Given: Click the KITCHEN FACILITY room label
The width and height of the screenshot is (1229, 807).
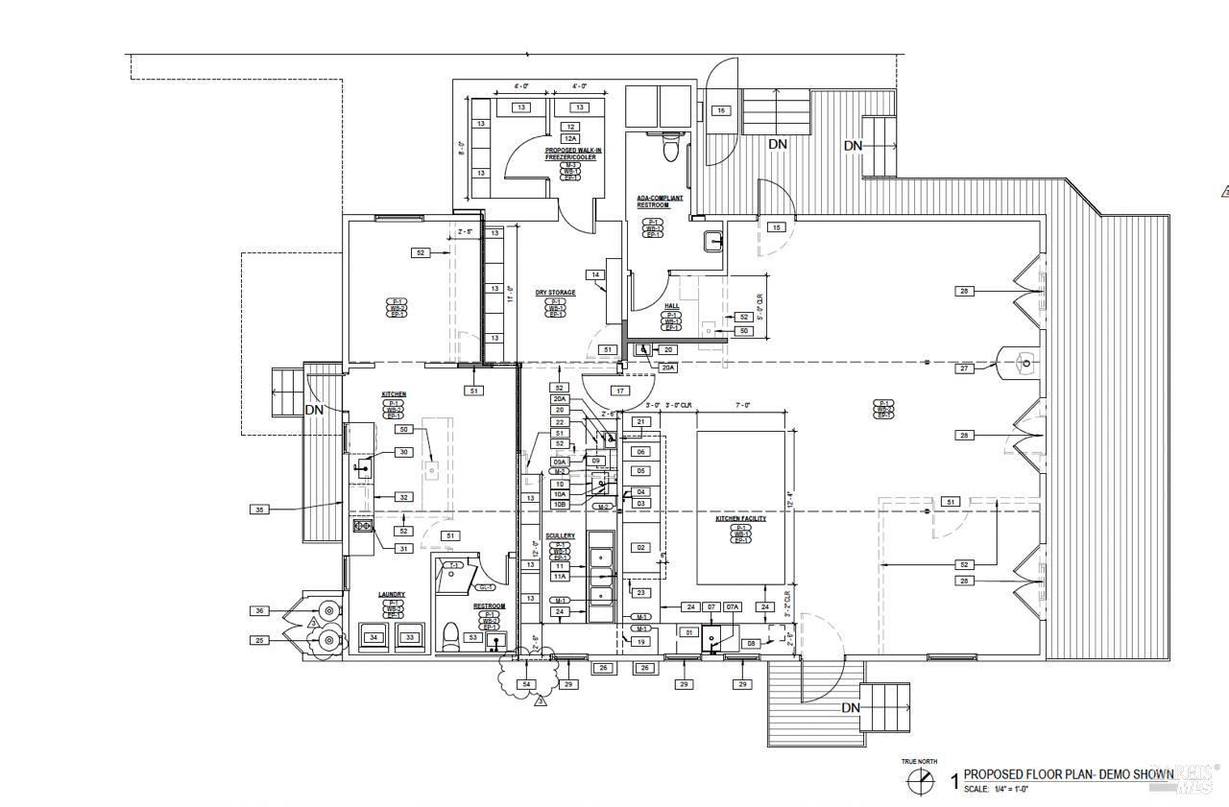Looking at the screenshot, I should point(740,519).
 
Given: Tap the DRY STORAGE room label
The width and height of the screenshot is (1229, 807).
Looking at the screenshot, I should point(555,293).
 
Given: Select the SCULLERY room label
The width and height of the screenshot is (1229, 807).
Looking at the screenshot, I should point(560,536).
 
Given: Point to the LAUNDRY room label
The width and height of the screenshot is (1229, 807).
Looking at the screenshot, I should point(391,595).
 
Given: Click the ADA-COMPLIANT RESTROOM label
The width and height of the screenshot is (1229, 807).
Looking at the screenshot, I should point(660,202).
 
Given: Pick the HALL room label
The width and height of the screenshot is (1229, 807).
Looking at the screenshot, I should point(672,306).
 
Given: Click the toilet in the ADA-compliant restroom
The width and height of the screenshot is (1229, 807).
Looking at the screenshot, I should point(672,149).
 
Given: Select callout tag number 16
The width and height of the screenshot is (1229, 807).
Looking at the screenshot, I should point(720,110).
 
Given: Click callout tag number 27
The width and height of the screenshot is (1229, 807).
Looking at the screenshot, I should point(964,368).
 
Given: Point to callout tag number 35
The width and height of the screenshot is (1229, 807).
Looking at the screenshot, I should point(259,510).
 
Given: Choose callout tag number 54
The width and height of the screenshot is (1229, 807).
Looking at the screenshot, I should point(525,684).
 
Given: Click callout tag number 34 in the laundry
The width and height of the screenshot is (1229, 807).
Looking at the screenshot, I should point(374,637).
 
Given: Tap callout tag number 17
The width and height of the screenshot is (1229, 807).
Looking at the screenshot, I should point(620,391).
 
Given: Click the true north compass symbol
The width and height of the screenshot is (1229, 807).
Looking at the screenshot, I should point(920,781).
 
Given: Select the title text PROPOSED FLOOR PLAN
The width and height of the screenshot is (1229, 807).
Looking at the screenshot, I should point(1068,774).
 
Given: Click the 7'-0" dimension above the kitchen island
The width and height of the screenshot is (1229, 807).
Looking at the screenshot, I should point(741,406).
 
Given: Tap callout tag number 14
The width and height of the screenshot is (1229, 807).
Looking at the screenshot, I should point(595,275).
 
